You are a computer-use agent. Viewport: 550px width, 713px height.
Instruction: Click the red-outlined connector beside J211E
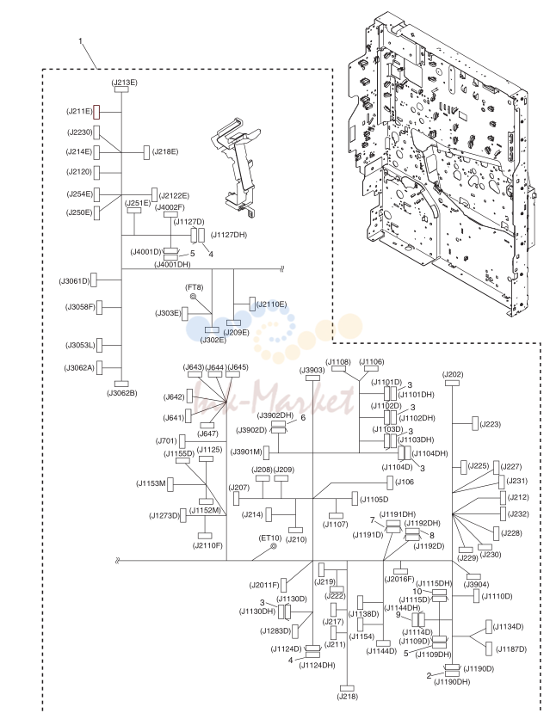(x=96, y=112)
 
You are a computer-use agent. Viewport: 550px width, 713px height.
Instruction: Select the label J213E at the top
(x=124, y=83)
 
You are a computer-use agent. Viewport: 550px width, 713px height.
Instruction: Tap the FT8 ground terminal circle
(x=194, y=297)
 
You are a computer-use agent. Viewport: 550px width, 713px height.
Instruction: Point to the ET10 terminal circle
(x=274, y=546)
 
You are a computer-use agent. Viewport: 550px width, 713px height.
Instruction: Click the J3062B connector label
(x=122, y=393)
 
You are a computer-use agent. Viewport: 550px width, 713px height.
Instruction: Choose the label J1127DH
(x=229, y=235)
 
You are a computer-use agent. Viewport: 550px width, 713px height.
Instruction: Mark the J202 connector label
(x=453, y=374)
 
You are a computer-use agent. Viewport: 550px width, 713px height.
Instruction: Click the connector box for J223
(x=475, y=423)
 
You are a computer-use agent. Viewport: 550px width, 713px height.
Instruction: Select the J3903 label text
(x=312, y=370)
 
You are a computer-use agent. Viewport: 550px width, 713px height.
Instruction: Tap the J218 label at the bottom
(x=348, y=696)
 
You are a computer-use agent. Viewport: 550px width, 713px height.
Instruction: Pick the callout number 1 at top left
(x=81, y=41)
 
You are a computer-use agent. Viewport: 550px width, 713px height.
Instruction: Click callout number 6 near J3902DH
(x=303, y=417)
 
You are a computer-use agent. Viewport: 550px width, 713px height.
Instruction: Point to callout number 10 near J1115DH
(x=417, y=592)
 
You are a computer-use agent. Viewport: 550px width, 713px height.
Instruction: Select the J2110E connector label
(x=272, y=304)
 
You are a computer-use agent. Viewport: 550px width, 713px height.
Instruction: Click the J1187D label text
(x=511, y=648)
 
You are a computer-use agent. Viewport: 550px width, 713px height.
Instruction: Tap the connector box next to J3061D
(x=94, y=280)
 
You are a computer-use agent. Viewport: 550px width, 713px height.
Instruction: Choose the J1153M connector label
(x=151, y=483)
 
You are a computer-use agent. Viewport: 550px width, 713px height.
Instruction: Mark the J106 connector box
(x=390, y=483)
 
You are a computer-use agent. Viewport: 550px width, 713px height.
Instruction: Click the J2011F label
(x=264, y=585)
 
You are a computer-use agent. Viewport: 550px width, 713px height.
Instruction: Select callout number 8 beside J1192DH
(x=432, y=535)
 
